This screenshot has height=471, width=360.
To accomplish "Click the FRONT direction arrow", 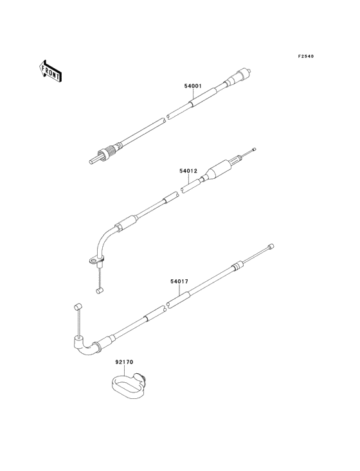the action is (x=50, y=71).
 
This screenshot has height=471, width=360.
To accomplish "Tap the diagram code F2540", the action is (x=306, y=56).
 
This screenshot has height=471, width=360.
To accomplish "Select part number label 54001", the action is (x=193, y=86).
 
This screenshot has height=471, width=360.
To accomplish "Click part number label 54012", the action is (x=188, y=171).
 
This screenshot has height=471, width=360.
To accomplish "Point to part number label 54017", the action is (x=179, y=281).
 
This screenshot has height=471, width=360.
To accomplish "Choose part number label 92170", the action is (x=124, y=362).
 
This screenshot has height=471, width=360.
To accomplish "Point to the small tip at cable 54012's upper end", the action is (x=255, y=149).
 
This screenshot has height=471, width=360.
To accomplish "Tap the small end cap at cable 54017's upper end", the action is (x=271, y=246).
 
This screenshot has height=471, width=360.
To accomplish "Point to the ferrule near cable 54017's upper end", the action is (x=237, y=266).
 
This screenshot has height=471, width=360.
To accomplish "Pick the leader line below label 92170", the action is (x=124, y=371).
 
